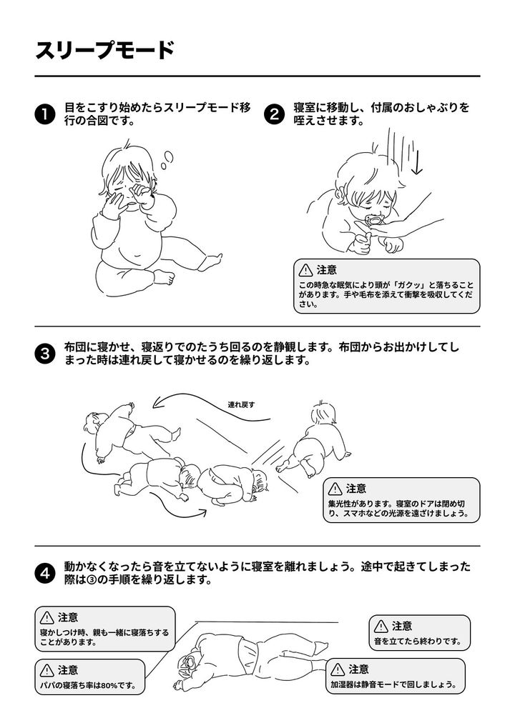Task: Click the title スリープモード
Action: [104, 51]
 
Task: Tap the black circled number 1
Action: [45, 115]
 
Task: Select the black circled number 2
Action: [274, 115]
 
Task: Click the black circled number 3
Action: [45, 354]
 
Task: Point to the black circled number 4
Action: [45, 574]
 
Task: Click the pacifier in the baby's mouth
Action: [373, 220]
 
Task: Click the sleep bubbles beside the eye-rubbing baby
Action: [167, 160]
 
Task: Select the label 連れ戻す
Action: [241, 404]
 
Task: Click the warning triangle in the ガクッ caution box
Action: [305, 270]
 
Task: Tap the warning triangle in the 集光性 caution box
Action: [335, 489]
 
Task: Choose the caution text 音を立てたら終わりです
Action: [418, 642]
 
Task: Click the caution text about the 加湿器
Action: [393, 684]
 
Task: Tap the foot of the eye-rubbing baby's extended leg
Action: [215, 261]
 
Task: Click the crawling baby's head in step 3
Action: [324, 412]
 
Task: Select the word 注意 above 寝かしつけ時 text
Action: [68, 617]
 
